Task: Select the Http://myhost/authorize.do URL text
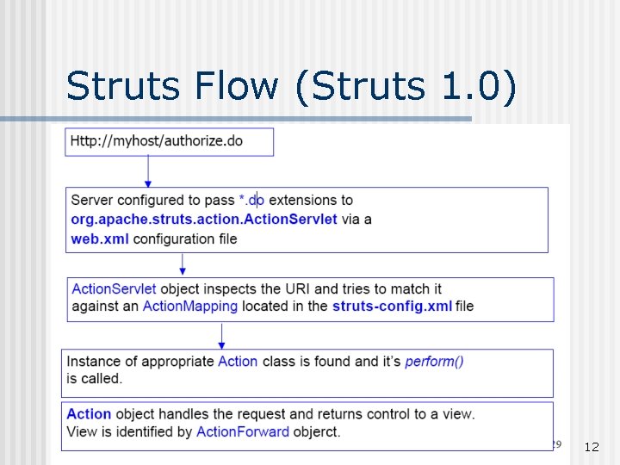(157, 140)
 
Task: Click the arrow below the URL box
(148, 171)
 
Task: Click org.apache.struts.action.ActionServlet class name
(204, 219)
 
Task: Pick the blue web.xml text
(100, 238)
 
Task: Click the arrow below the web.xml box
(183, 264)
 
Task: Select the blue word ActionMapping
(189, 306)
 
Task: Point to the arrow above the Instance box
(222, 335)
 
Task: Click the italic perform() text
(434, 361)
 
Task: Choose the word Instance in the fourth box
(94, 361)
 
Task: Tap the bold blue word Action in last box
(89, 413)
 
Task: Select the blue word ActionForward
(243, 431)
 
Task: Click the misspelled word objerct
(317, 431)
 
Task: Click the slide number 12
(592, 447)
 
